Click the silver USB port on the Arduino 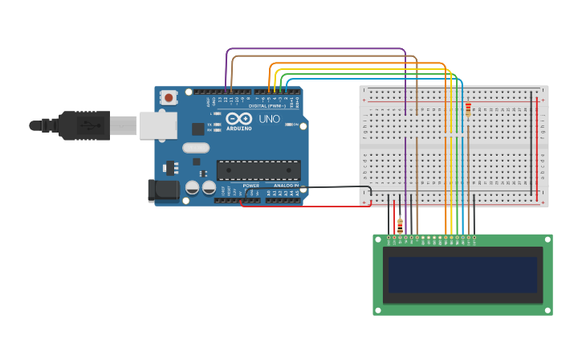[157, 125]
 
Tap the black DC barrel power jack [163, 190]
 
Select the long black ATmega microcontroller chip [258, 170]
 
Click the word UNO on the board [269, 119]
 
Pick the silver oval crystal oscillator [196, 147]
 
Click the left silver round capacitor [193, 187]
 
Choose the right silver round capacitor [210, 187]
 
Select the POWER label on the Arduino [251, 186]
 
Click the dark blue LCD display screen [462, 275]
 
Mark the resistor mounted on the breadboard [468, 108]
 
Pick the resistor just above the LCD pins [400, 225]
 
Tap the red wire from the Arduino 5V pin [305, 206]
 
